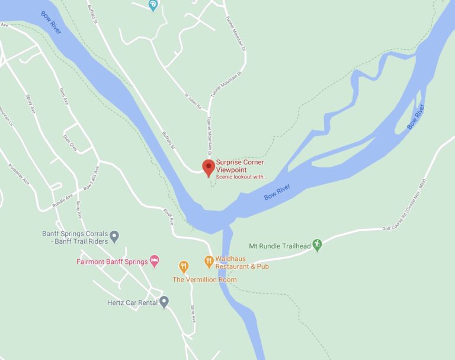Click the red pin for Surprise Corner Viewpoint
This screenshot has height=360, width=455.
pos(208,167)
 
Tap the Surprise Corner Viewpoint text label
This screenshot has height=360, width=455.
pos(240,166)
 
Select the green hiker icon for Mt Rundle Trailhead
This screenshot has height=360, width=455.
pos(317,244)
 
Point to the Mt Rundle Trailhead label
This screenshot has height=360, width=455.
pos(280,245)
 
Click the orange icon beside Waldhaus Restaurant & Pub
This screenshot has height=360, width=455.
pos(209,260)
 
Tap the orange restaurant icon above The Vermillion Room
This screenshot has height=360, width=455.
pos(184,267)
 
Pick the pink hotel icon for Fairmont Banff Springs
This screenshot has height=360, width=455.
pos(154,260)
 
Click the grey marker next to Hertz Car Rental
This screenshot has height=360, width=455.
pos(164,301)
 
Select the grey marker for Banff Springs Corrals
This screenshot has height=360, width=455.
pos(114,237)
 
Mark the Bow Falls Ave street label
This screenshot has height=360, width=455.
pos(91,179)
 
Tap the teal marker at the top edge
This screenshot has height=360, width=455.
pos(153,5)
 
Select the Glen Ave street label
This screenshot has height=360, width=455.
pos(62,95)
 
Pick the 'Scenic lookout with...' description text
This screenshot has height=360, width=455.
pos(241,177)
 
